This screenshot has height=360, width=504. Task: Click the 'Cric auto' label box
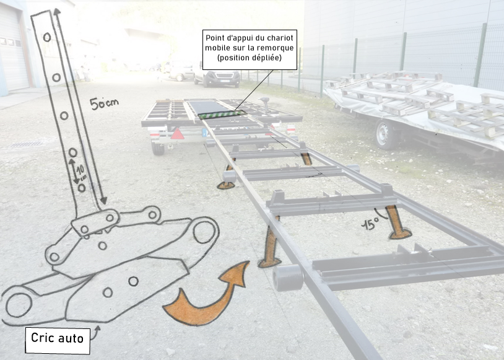tap(58, 341)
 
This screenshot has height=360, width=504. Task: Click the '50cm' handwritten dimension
tap(104, 103)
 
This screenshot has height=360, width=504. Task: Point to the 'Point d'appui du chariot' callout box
tap(250, 50)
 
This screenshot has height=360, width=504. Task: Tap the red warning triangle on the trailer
tap(177, 134)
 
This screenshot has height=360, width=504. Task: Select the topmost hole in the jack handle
tap(47, 37)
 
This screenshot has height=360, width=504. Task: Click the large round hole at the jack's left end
tap(19, 305)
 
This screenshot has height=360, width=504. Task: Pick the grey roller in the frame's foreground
tap(288, 278)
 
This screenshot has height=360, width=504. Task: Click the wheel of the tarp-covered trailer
tap(385, 134)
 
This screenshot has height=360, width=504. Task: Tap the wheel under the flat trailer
tap(157, 148)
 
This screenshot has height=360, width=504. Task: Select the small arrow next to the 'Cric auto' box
tap(96, 332)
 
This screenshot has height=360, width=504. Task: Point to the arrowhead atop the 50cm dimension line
tap(57, 12)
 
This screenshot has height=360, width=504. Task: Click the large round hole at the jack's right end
tap(204, 232)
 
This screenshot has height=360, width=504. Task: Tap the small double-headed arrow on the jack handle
tap(74, 171)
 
